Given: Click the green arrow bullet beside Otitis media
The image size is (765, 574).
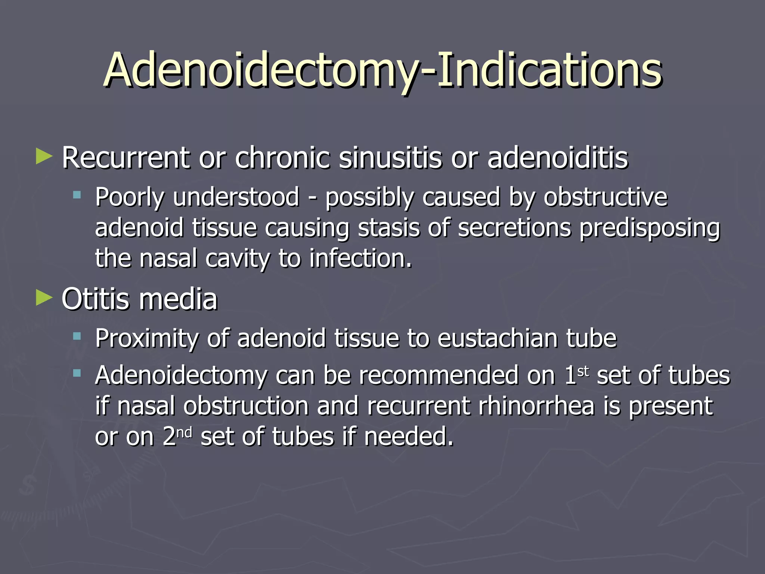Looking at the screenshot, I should pyautogui.click(x=44, y=298).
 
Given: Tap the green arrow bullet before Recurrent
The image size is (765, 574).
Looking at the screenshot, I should pyautogui.click(x=44, y=157).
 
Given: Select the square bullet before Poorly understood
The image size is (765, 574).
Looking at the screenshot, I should pyautogui.click(x=77, y=195).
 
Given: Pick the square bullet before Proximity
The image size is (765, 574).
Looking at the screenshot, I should pyautogui.click(x=77, y=336).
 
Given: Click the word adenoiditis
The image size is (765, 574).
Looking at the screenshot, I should pyautogui.click(x=557, y=158).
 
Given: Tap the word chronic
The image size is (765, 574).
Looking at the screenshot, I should pyautogui.click(x=283, y=158).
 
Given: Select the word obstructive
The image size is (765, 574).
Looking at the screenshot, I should pyautogui.click(x=605, y=197).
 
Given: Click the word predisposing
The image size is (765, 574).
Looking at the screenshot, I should pyautogui.click(x=650, y=229).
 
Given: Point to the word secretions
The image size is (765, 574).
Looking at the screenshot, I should pyautogui.click(x=514, y=228).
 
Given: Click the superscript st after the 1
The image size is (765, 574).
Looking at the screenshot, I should pyautogui.click(x=583, y=372).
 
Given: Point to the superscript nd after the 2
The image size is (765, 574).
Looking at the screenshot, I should pyautogui.click(x=184, y=433).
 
